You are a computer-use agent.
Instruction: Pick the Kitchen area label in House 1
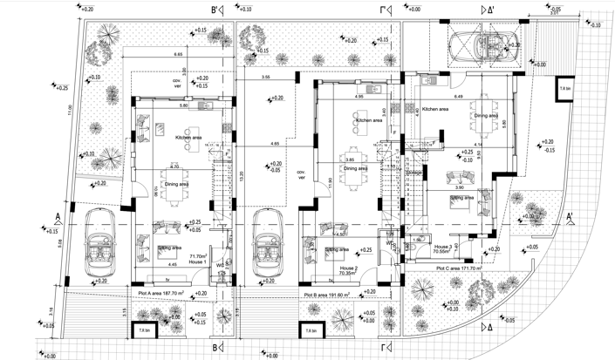(x=189, y=138)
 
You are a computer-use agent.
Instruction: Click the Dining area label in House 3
(x=485, y=115)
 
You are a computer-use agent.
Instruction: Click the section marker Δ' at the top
(x=488, y=10)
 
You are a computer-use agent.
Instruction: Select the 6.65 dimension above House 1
(x=178, y=56)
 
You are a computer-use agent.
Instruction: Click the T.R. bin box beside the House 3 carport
(x=564, y=89)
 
